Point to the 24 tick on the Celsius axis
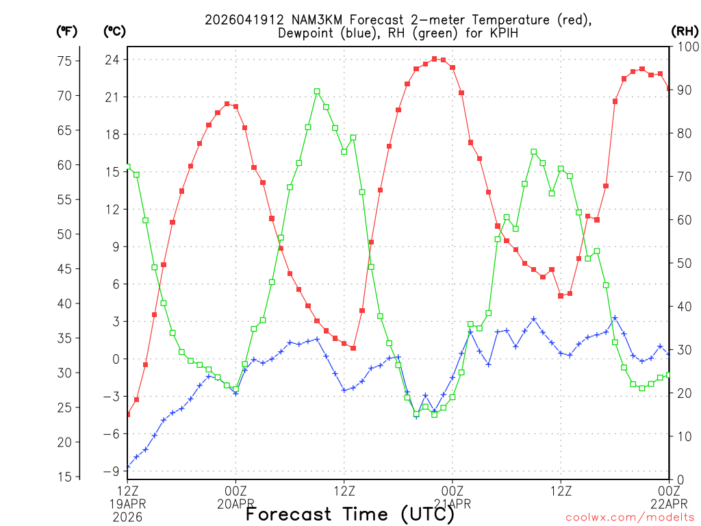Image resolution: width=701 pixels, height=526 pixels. click(112, 60)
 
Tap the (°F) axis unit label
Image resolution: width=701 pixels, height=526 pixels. click(66, 31)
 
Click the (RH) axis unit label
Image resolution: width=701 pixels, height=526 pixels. click(685, 31)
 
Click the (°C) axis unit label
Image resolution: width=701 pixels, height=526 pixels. click(114, 31)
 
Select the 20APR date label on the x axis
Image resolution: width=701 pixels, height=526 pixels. click(235, 504)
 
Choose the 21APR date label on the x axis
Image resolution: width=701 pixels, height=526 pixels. click(452, 504)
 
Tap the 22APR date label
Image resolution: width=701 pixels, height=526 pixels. click(667, 504)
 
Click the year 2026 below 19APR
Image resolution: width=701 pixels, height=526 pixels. click(127, 517)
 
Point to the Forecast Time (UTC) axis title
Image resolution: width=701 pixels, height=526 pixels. click(344, 514)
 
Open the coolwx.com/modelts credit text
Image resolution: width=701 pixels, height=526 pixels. click(630, 517)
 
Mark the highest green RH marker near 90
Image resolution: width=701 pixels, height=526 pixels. click(317, 91)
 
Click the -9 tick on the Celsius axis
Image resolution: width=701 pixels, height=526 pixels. click(112, 471)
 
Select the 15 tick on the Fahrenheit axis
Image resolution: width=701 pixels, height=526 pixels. click(64, 477)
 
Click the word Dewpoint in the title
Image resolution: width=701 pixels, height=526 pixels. click(307, 34)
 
